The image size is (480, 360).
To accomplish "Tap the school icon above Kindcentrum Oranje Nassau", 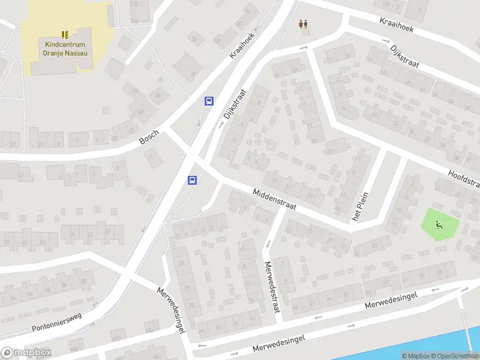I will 65,35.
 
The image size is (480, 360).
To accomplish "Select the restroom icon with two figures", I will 304,25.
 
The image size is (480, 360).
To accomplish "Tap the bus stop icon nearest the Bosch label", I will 209,101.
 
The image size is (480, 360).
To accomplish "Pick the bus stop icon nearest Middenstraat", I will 193,180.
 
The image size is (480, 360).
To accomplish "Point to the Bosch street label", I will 149,137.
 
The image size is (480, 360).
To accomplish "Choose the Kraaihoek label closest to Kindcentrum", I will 242,44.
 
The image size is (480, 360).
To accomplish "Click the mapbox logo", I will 26,353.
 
